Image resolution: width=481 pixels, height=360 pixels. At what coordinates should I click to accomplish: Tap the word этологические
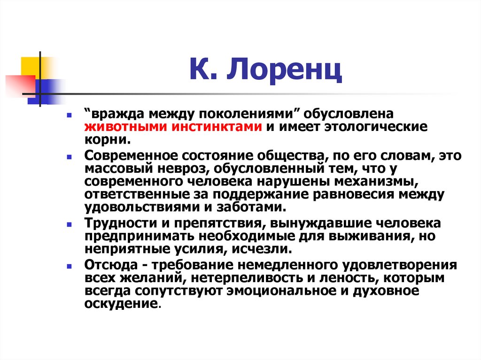tap(373, 127)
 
